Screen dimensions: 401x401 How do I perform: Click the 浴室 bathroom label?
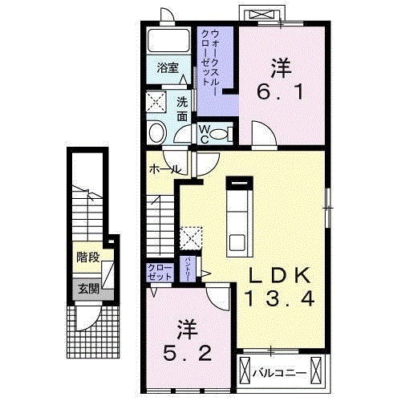coord(168,68)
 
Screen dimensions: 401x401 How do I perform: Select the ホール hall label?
coord(164,169)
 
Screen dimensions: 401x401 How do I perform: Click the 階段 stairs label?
coord(88,257)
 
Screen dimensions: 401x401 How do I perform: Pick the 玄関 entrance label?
coord(88,289)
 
